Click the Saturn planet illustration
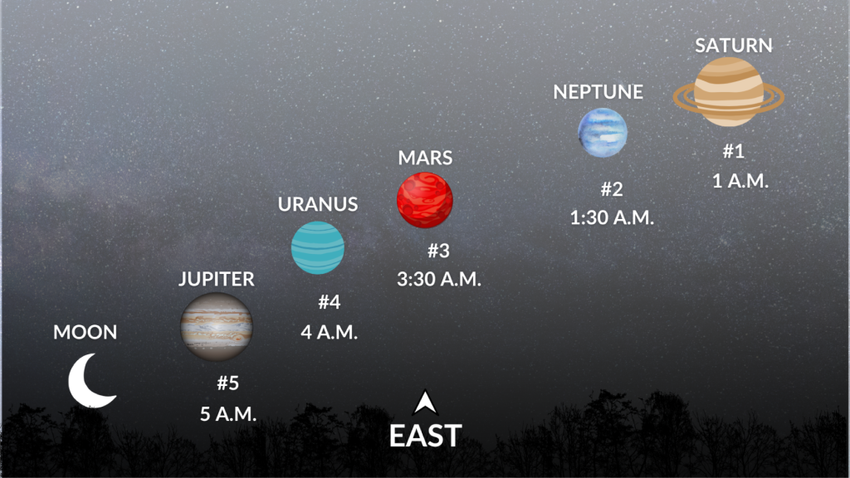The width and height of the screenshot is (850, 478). click(728, 91)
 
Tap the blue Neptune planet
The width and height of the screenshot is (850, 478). click(603, 131)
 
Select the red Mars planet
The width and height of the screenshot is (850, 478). click(424, 199)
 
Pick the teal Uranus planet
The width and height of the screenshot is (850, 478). click(317, 247)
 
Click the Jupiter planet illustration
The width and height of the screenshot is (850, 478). click(217, 326)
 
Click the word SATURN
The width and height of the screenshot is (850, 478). click(733, 45)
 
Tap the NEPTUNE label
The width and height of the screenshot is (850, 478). click(598, 92)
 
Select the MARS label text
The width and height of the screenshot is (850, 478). click(425, 158)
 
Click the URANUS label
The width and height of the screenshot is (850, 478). click(317, 204)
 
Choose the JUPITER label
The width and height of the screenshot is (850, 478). click(216, 280)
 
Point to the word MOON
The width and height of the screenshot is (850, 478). click(85, 333)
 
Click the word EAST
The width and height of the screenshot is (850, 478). click(425, 437)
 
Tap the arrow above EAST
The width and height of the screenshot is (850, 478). click(425, 402)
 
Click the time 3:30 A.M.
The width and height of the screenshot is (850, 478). click(438, 280)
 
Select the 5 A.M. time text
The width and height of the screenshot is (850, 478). click(228, 413)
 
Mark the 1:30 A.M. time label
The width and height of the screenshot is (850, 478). click(612, 218)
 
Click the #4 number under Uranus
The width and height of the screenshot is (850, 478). click(330, 302)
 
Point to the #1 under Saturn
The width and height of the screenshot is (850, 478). click(733, 151)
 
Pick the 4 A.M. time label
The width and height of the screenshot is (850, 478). click(329, 333)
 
